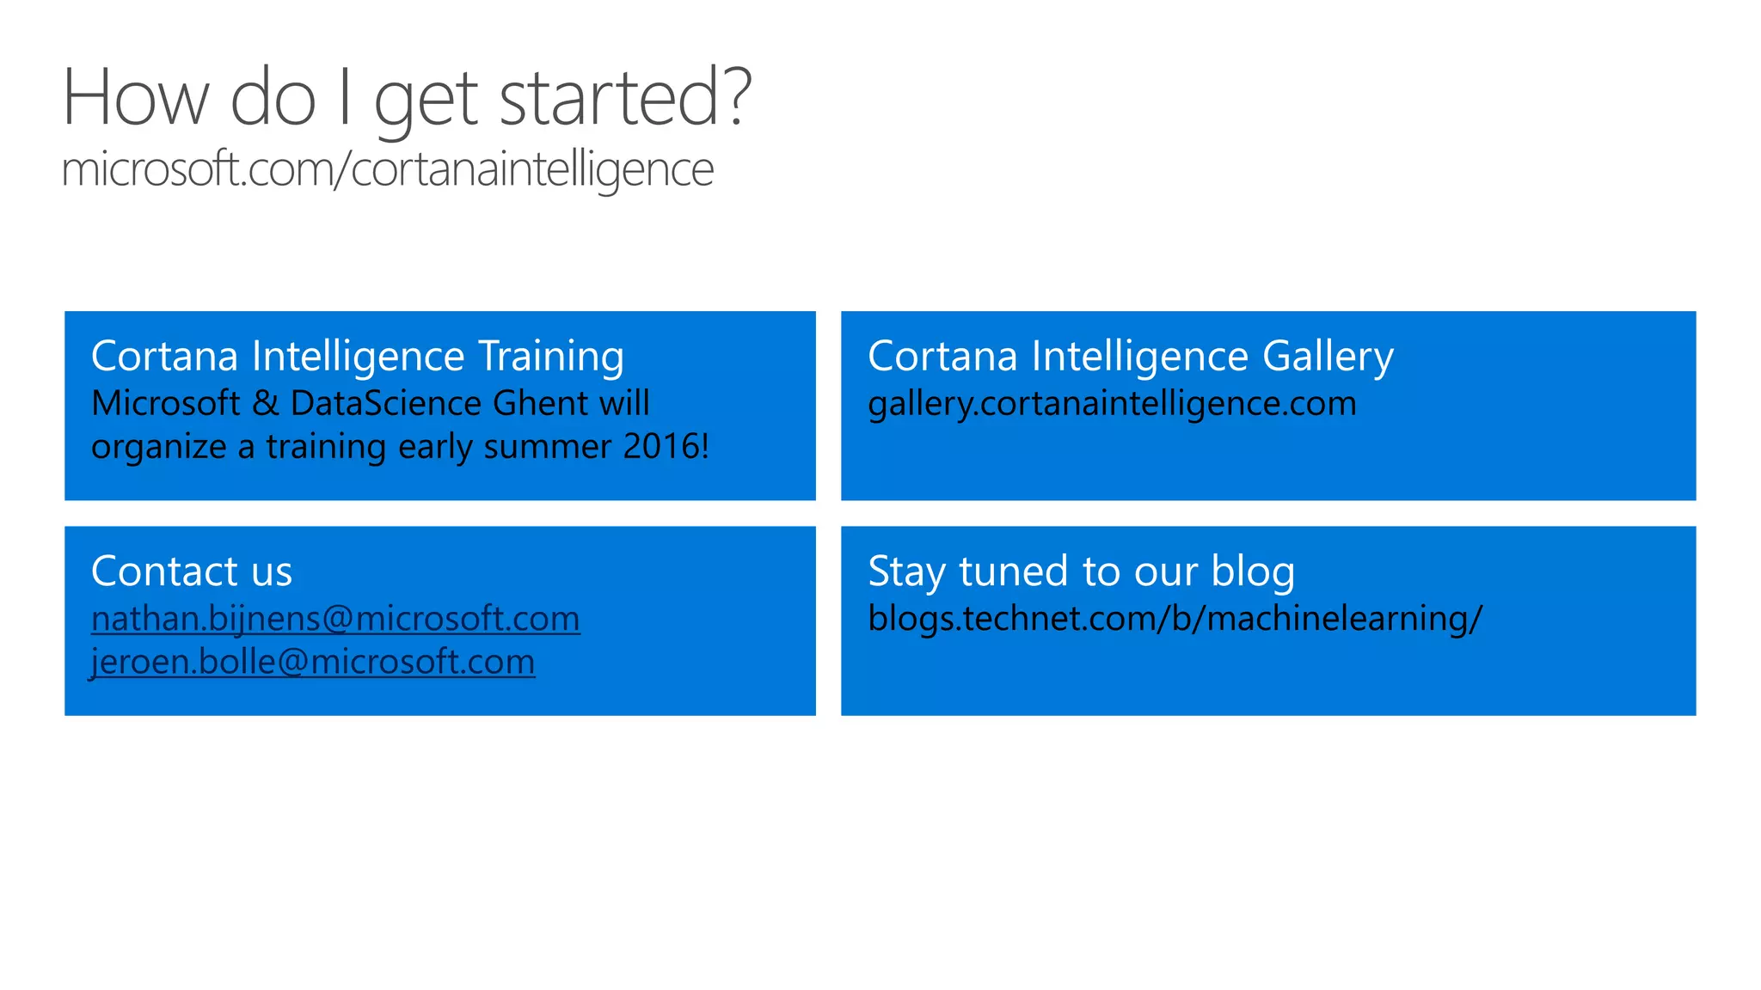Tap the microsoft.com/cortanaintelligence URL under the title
click(x=387, y=168)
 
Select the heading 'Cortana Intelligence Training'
click(x=357, y=356)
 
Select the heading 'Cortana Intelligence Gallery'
click(x=1130, y=356)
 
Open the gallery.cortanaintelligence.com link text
click(x=1112, y=403)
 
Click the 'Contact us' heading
click(x=192, y=571)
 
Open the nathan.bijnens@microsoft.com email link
click(x=335, y=619)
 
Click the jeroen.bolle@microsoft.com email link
click(x=313, y=662)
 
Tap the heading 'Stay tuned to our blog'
click(x=1081, y=571)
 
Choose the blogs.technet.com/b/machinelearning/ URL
click(x=1175, y=619)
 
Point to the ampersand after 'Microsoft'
click(x=265, y=403)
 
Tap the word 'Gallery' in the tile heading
click(x=1328, y=356)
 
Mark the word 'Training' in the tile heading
click(x=551, y=356)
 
